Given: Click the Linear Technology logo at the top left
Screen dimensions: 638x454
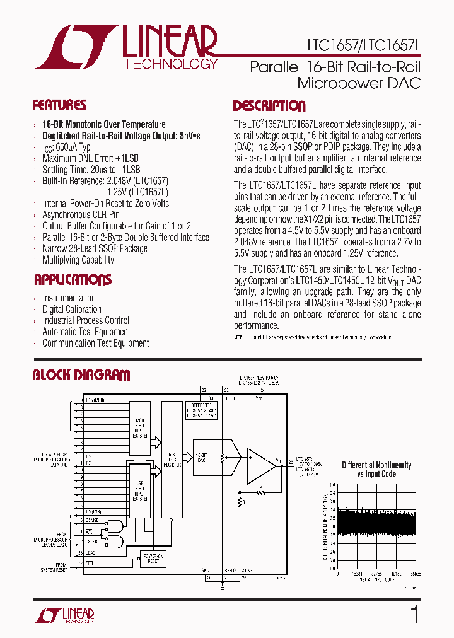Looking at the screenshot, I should point(126,47).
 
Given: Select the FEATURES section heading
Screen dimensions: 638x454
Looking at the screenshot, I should point(59,105).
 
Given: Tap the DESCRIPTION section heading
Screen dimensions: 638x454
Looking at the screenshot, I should point(269,106).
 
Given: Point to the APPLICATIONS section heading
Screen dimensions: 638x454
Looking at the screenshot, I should point(73,279).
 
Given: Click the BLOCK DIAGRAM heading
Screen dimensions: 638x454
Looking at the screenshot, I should point(81,376).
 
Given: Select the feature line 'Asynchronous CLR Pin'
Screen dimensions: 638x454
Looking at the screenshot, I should point(81,214).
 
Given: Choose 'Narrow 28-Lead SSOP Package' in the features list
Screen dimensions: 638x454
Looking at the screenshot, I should point(95,248).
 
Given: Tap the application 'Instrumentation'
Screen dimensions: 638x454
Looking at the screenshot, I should point(69,298).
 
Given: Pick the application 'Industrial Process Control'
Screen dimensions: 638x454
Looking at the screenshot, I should point(86,320).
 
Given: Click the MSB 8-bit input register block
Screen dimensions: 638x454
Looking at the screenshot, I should point(140,428).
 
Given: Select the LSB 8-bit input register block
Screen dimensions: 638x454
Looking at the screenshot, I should point(140,489).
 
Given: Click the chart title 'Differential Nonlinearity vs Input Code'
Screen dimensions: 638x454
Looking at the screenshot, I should point(376,469).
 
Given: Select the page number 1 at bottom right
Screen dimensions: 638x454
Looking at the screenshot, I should point(414,614).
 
